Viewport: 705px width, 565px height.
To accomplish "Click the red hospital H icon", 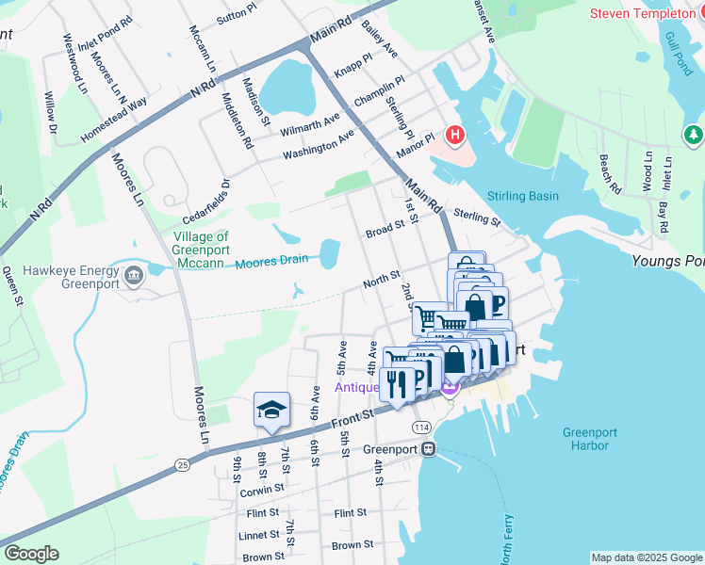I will (x=456, y=136).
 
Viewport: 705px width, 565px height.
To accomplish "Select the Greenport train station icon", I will (x=429, y=449).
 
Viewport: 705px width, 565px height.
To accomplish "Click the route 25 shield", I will (x=182, y=465).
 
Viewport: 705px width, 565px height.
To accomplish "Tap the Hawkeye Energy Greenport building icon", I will (x=133, y=276).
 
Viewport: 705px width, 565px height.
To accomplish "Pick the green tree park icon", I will (x=695, y=136).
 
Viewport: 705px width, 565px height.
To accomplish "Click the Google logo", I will (x=31, y=554).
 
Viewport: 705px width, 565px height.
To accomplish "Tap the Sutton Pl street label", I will (x=236, y=17).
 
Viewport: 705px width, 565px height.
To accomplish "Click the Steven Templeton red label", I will (x=647, y=13).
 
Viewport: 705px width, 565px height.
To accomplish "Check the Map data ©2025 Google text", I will (x=647, y=557).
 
